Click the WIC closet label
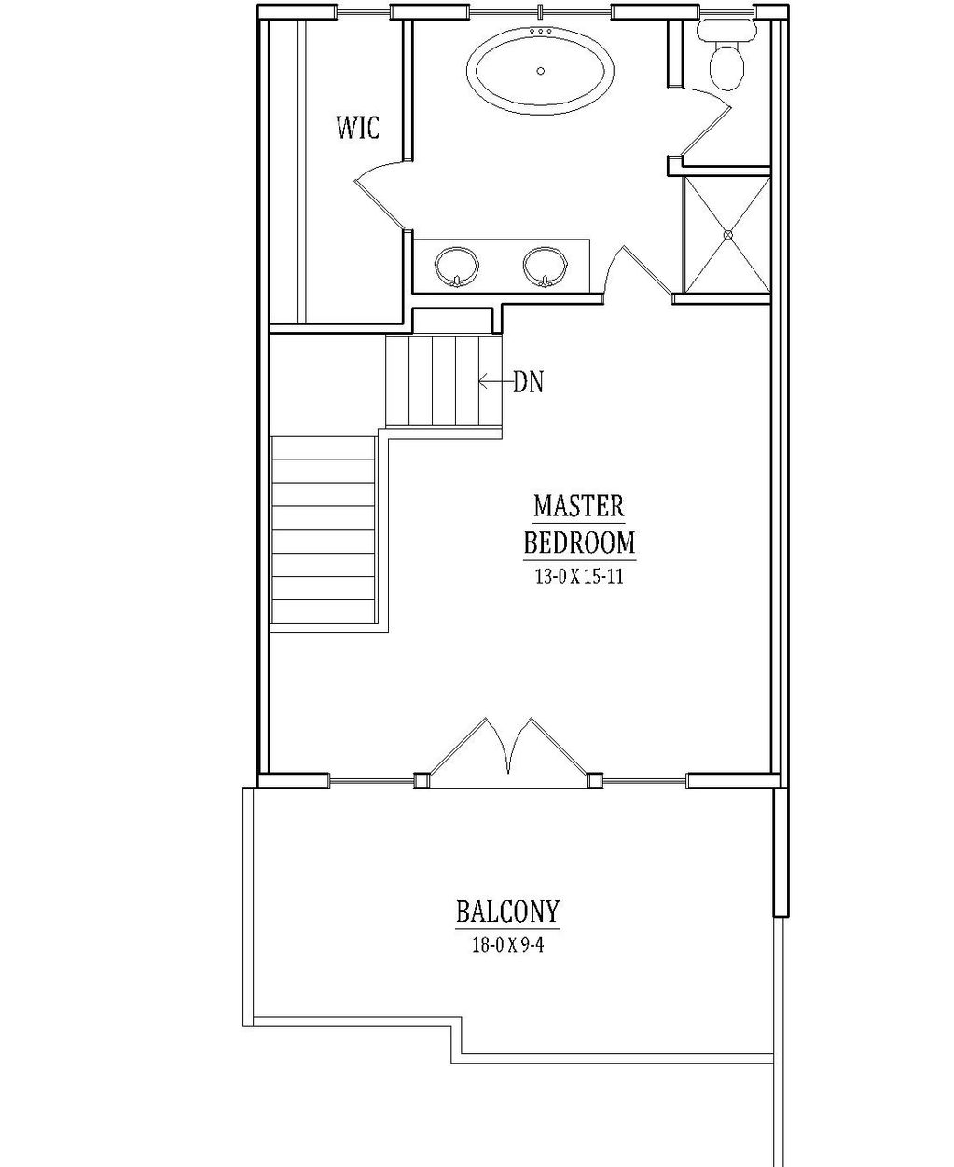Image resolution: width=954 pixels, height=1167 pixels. pos(358,128)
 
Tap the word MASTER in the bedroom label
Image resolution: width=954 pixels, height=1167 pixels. pos(578,505)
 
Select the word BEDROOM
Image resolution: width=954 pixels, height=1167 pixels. pos(579,542)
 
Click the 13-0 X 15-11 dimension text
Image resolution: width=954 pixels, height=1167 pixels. pos(579,577)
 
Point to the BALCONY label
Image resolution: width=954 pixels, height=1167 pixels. pos(507,912)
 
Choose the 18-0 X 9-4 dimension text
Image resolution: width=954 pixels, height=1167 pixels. pos(507,945)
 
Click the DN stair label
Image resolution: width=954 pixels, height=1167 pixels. pos(528,382)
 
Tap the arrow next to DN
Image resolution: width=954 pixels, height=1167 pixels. pos(495,381)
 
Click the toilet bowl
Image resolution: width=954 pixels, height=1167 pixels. pos(727,67)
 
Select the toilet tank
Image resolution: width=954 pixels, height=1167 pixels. pos(726,29)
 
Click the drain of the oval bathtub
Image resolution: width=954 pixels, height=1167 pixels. pos(540,70)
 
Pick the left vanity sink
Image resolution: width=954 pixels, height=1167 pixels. pos(456,268)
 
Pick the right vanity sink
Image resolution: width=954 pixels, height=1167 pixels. pos(545,268)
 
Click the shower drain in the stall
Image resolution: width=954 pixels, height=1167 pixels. pos(728,235)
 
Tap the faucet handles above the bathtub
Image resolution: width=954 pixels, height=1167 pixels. pos(540,31)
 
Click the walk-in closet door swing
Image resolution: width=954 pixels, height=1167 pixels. pos(380,195)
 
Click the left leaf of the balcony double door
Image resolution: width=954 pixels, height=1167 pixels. pos(469,746)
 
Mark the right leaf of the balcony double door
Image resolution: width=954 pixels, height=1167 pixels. pos(548,746)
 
